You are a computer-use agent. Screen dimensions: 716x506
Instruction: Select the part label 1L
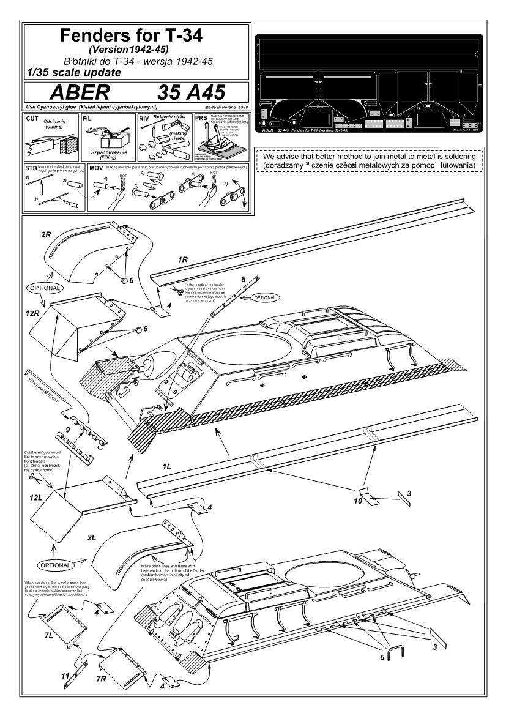166,466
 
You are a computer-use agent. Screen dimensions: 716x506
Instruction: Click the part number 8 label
244,279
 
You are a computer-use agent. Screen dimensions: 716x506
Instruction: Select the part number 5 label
381,658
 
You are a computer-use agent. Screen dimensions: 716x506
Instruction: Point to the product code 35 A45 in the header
191,92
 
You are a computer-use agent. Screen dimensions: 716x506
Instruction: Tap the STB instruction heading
31,167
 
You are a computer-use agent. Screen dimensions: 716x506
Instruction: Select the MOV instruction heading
96,167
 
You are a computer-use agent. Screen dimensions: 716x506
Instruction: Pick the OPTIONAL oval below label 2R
45,287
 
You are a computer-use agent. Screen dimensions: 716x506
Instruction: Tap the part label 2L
91,537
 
